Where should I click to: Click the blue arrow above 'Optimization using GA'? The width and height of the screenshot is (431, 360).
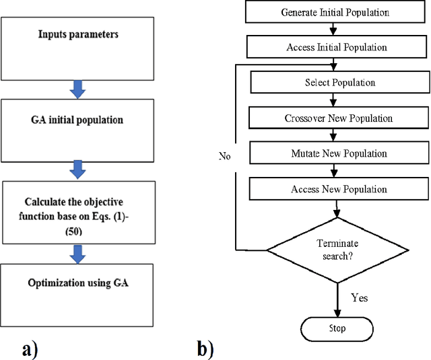coord(78,254)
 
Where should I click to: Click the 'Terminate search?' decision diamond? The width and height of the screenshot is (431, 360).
coord(337,250)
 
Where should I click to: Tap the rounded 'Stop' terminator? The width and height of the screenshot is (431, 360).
coord(337,328)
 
